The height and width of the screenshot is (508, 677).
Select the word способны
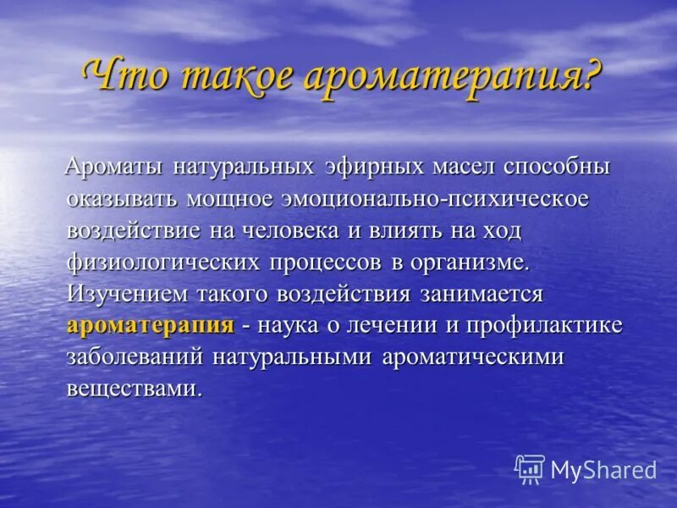(x=556, y=167)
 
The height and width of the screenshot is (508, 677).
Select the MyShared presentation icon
(x=530, y=469)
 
